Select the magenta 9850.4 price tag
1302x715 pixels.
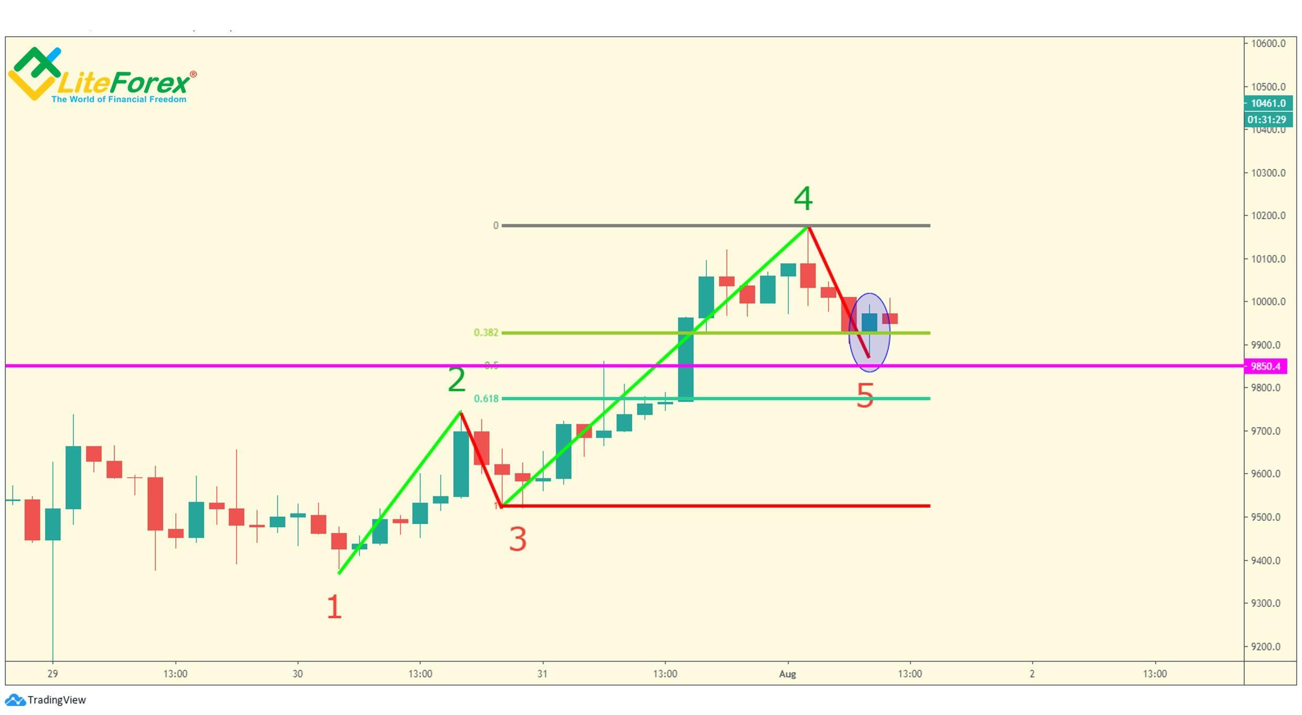1265,366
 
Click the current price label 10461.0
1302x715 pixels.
1268,103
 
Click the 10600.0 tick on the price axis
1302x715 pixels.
1268,44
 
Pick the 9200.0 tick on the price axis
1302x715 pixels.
1268,647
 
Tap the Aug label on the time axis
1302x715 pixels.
787,674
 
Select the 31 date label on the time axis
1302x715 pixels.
542,674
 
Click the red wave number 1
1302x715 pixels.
334,607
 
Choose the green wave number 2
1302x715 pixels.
457,380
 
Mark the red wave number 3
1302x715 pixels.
517,539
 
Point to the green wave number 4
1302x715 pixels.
803,199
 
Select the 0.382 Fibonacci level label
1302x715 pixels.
486,333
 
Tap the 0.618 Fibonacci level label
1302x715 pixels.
486,399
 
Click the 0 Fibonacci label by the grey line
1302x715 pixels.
495,226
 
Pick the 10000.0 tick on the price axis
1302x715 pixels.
1268,302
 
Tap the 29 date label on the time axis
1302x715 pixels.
52,674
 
